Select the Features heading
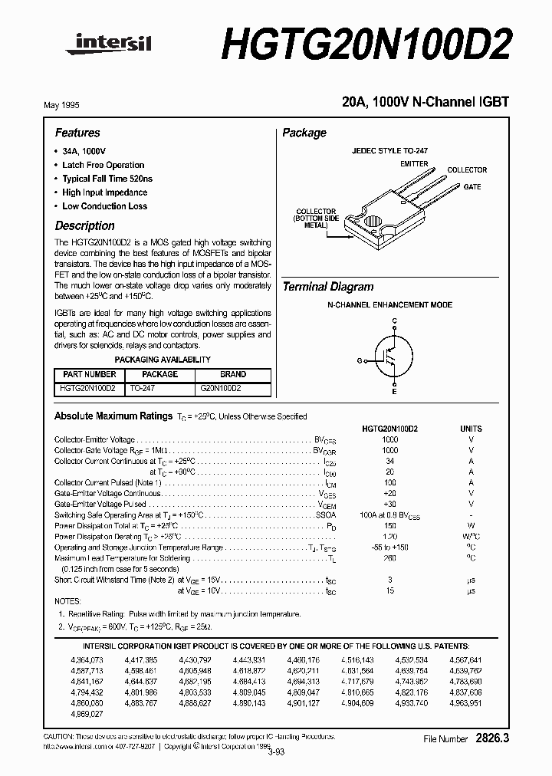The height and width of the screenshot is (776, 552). [x=77, y=133]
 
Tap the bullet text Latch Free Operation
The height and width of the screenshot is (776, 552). [x=103, y=165]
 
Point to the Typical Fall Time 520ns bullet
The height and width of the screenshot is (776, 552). [x=107, y=179]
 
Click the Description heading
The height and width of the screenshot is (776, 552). [x=84, y=226]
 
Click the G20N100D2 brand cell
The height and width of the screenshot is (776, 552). [x=221, y=389]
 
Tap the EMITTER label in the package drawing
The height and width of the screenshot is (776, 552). [x=415, y=164]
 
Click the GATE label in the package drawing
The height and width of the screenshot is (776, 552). [x=473, y=187]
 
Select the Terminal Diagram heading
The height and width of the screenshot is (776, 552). [x=328, y=287]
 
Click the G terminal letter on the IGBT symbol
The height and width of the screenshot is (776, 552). [x=359, y=360]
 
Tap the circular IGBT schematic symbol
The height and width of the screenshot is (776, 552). [x=393, y=357]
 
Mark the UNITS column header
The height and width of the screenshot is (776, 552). [x=472, y=429]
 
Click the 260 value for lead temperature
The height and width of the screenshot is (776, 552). [x=389, y=558]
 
